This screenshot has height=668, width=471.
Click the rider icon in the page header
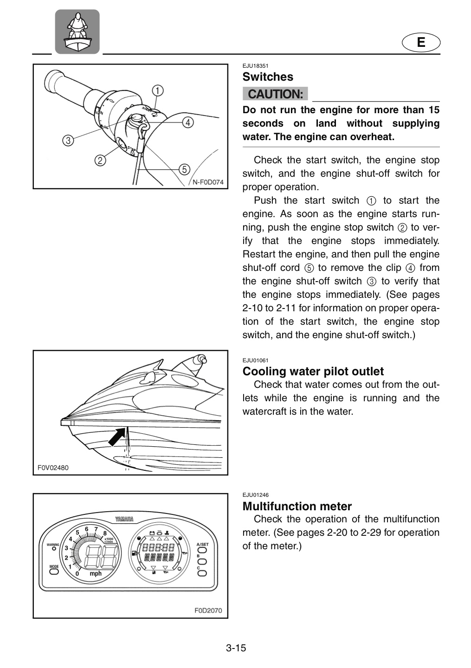(77, 32)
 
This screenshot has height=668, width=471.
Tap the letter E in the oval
(421, 42)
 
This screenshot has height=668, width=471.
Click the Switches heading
(268, 77)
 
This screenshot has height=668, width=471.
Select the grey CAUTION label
(275, 94)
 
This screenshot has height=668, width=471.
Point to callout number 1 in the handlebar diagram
(158, 90)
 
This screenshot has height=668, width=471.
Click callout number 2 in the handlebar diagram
(100, 161)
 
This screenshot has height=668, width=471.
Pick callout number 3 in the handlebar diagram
(68, 141)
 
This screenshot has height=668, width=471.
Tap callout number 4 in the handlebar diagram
(187, 122)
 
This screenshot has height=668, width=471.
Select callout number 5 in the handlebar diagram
(184, 169)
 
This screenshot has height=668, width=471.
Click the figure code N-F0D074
(208, 182)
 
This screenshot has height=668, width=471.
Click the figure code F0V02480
(53, 468)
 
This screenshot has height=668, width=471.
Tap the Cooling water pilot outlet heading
(313, 371)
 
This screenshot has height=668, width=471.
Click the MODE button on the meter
(54, 572)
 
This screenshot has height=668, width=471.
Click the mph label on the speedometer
(96, 573)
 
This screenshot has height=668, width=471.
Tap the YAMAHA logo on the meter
(124, 519)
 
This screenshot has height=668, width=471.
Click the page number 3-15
(236, 648)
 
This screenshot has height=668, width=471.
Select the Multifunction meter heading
(297, 507)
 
